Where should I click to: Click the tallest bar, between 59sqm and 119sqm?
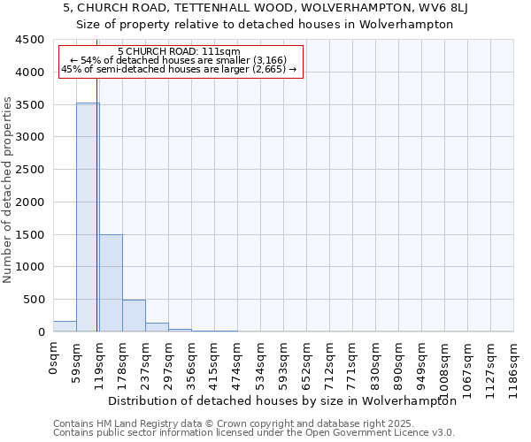(87, 217)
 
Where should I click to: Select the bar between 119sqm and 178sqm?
(111, 283)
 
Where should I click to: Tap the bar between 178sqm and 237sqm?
(134, 316)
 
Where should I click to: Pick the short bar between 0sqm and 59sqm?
(65, 326)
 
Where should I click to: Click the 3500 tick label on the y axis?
(29, 104)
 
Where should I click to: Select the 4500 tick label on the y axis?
(29, 40)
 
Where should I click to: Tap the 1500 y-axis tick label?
(29, 234)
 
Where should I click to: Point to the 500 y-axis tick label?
(33, 300)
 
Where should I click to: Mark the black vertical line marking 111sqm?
(96, 221)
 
